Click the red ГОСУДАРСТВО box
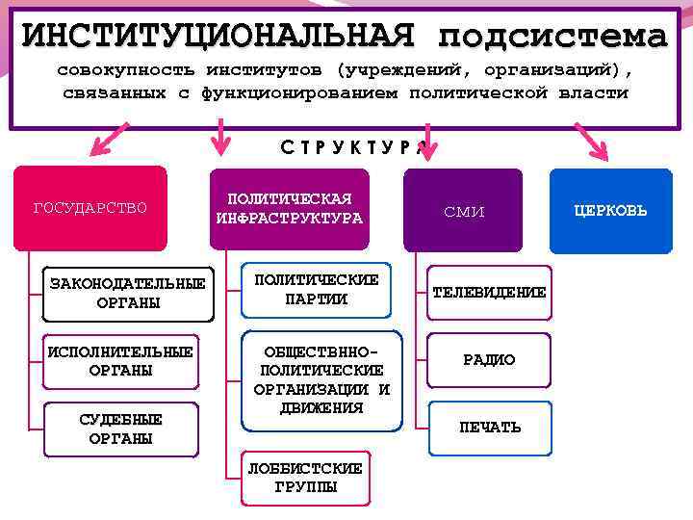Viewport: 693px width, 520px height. [90, 208]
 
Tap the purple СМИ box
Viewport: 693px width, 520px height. [463, 210]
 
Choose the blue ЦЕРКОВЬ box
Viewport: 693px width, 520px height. [610, 210]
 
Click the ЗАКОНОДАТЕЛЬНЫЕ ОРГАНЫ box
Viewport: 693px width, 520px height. [128, 294]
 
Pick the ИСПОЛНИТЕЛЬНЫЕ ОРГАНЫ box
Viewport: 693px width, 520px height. [120, 360]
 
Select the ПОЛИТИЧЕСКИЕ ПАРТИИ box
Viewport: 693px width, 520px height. [316, 289]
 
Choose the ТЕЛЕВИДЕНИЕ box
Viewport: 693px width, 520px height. [489, 292]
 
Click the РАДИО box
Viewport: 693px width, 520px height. [489, 360]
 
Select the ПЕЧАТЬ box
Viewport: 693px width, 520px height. [489, 427]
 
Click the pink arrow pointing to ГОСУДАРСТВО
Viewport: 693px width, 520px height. [108, 142]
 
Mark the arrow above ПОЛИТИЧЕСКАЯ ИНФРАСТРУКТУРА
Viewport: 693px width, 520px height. [222, 137]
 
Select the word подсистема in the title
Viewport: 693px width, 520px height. [552, 37]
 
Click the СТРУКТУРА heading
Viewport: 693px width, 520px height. [346, 147]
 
